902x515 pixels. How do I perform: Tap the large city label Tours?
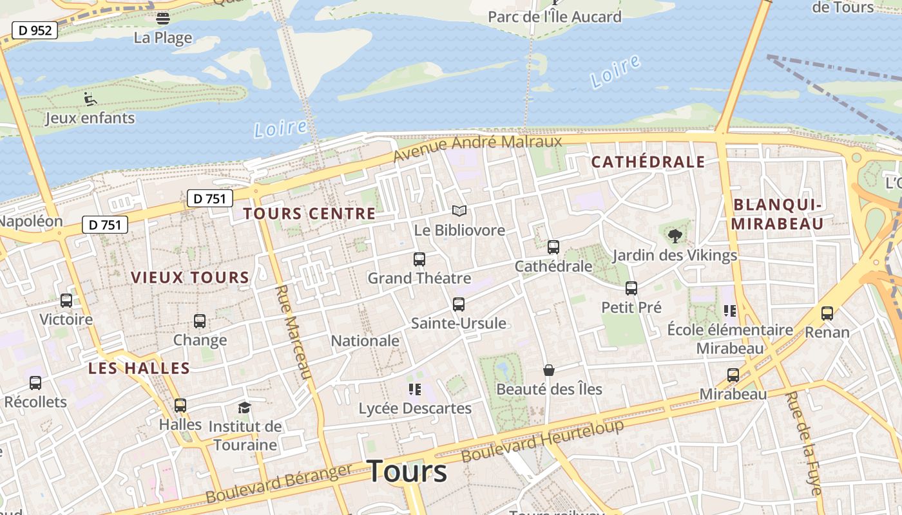407,471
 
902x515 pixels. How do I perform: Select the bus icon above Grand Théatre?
419,259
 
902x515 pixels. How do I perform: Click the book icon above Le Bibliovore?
459,211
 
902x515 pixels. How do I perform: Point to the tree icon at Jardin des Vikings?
675,236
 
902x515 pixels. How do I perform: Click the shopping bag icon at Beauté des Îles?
548,370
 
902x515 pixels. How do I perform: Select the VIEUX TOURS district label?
190,277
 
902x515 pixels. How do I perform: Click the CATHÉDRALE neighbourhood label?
648,162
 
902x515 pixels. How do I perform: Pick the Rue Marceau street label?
293,332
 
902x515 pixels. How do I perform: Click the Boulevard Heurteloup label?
543,441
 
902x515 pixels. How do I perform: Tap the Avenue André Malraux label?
477,147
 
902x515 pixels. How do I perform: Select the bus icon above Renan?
827,314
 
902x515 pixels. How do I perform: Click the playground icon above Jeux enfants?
90,98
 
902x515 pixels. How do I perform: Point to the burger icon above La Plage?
163,18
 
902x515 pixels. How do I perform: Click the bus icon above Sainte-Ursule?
458,304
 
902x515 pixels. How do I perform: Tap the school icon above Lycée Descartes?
414,389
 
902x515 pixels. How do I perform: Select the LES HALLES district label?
139,369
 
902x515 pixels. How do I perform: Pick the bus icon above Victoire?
66,300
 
